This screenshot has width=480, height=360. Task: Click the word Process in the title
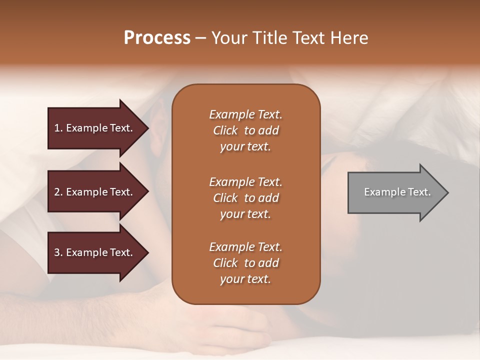coord(157,38)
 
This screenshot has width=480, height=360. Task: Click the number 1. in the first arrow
coord(58,128)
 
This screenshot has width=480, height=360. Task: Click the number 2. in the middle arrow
coord(58,192)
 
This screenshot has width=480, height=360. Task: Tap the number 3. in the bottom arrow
coord(58,252)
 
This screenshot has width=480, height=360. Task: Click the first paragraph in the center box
coord(245,130)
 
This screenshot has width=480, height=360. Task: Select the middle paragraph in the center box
coord(245,198)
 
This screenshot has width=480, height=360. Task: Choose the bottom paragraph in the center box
coord(245,263)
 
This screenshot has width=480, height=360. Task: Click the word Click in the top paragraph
coord(225,130)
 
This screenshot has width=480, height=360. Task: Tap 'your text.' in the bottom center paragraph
coord(245,279)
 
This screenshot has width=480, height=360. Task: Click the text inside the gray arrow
coord(397,192)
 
